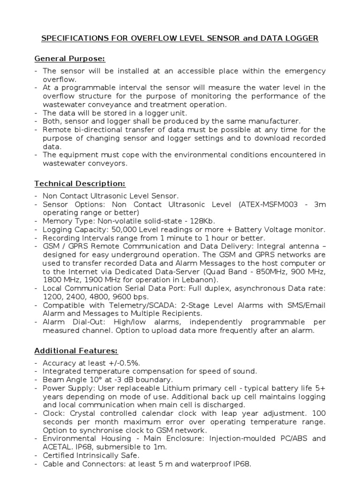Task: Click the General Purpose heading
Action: point(70,59)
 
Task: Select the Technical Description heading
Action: point(80,184)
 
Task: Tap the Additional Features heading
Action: point(76,351)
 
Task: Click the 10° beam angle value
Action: point(94,380)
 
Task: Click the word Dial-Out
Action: point(85,322)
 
